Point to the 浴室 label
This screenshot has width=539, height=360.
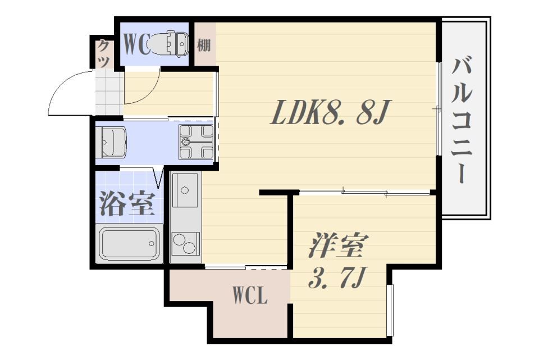(127, 204)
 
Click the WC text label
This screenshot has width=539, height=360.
(136, 45)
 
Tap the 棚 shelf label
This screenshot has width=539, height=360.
(204, 45)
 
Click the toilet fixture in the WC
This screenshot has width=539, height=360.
(170, 44)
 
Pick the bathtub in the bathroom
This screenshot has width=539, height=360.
(130, 243)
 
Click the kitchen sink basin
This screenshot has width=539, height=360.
(185, 190)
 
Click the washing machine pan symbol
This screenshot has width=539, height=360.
(196, 142)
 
